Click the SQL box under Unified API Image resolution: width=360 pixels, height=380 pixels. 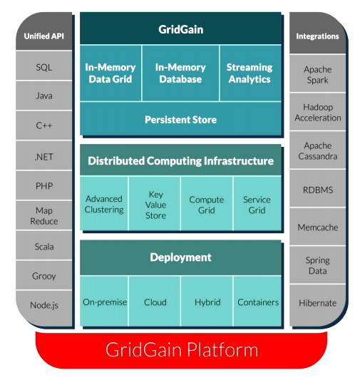pyautogui.click(x=44, y=66)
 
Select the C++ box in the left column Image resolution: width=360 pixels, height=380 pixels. pyautogui.click(x=44, y=125)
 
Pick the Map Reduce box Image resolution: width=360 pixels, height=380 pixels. pyautogui.click(x=44, y=215)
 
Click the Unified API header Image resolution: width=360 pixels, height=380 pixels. pyautogui.click(x=44, y=31)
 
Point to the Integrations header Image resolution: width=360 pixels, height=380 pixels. pyautogui.click(x=317, y=33)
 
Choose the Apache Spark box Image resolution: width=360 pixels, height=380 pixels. pyautogui.click(x=317, y=73)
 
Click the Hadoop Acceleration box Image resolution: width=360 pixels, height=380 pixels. pyautogui.click(x=317, y=112)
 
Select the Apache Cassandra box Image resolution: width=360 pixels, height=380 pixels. pyautogui.click(x=317, y=150)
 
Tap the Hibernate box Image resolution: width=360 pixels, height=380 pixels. pyautogui.click(x=317, y=305)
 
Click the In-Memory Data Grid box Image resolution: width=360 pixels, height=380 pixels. pyautogui.click(x=110, y=73)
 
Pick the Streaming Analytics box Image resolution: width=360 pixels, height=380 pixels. pyautogui.click(x=250, y=73)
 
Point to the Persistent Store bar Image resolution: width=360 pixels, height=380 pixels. pyautogui.click(x=180, y=118)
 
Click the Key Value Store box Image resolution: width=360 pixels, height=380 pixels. pyautogui.click(x=155, y=204)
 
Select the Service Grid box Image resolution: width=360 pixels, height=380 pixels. pyautogui.click(x=257, y=204)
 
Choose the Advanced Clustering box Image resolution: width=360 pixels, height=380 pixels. pyautogui.click(x=104, y=204)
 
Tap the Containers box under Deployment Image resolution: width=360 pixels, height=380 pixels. pyautogui.click(x=257, y=302)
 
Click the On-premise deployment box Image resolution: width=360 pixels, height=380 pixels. pyautogui.click(x=104, y=302)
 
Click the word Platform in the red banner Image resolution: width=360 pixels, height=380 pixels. pyautogui.click(x=222, y=350)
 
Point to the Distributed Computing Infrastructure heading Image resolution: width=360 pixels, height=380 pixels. pyautogui.click(x=180, y=160)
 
